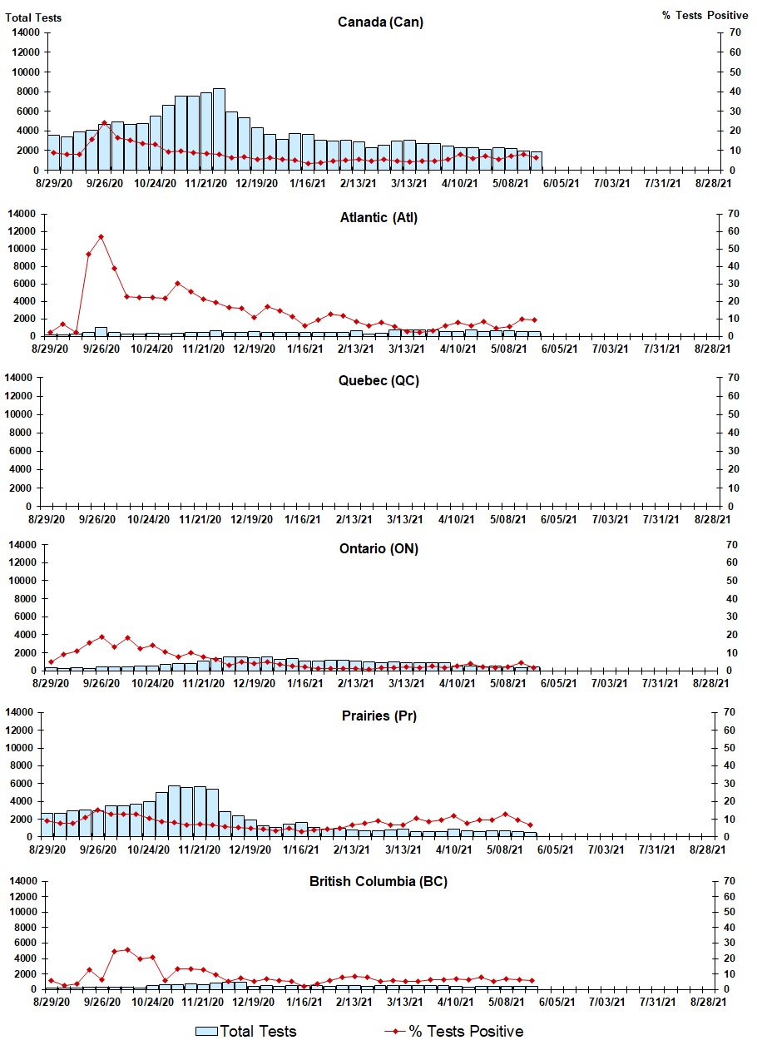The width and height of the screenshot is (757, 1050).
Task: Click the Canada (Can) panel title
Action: coord(380,22)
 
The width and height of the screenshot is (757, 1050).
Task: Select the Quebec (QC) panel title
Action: coord(378,381)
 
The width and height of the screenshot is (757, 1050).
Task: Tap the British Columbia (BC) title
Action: coord(378,881)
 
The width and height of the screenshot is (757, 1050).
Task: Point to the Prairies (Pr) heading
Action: coord(378,716)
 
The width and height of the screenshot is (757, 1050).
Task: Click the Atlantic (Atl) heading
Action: coord(378,218)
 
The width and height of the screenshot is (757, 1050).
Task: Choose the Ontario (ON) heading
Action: coord(378,548)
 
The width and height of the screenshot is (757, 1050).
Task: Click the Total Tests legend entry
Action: coord(246,1032)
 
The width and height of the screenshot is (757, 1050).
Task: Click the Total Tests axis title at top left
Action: coord(33,17)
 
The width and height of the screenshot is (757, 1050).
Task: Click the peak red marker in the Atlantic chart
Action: coord(101,237)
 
